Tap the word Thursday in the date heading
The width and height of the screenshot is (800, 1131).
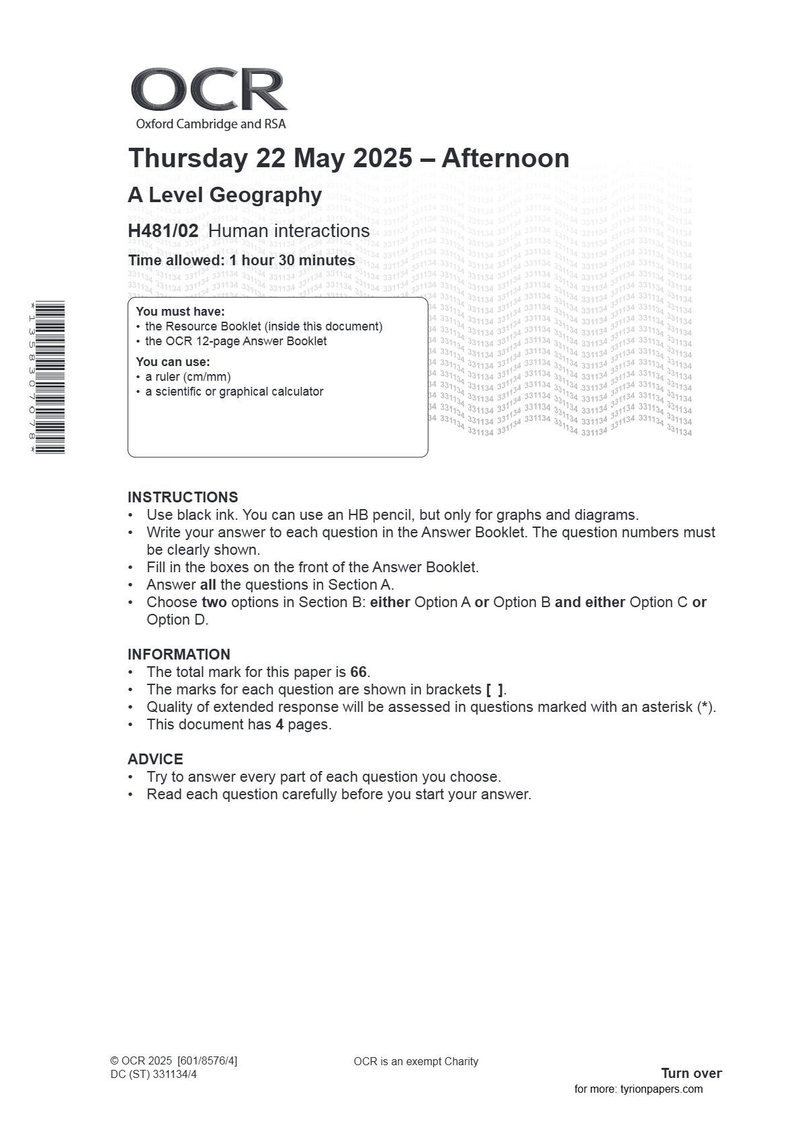point(188,159)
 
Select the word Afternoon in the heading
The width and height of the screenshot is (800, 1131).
point(505,159)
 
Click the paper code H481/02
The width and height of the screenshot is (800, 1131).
point(163,231)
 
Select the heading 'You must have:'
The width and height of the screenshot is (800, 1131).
point(180,312)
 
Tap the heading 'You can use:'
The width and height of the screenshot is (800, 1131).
point(173,363)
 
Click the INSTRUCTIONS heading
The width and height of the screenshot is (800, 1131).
point(183,498)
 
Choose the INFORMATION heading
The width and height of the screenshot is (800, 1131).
point(179,655)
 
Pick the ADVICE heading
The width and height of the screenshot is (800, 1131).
point(155,760)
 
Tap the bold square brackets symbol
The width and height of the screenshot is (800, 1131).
point(494,690)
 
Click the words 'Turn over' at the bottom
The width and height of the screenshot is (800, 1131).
point(691,1073)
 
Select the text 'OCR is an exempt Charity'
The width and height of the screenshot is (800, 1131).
point(416,1062)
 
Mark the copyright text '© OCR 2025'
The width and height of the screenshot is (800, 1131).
point(141,1061)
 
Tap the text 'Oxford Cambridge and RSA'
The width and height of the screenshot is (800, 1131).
point(210,124)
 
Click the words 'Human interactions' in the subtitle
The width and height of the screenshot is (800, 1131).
point(289,231)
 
